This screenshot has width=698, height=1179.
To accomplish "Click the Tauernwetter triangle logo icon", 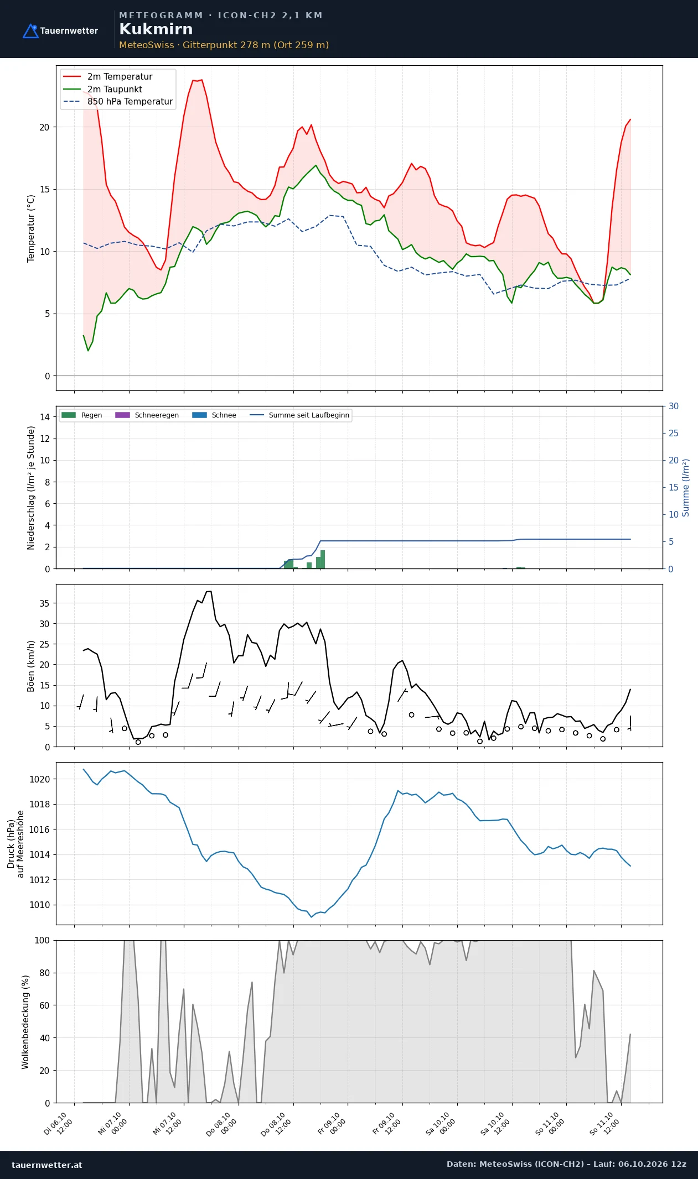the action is [30, 31].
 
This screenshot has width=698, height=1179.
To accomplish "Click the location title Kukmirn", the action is [156, 29].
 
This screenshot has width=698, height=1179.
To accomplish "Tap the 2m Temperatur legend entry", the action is [108, 77].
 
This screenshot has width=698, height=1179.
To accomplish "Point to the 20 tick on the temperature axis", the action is [44, 127].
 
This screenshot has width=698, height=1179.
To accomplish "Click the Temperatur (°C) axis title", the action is [31, 228].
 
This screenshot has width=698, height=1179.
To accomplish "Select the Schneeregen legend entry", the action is [147, 415].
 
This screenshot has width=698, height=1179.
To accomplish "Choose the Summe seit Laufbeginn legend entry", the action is [300, 415].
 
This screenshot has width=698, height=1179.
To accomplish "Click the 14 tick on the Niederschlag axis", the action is [44, 417].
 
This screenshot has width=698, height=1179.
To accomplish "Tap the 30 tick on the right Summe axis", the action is [674, 406].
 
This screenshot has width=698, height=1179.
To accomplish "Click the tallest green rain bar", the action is [323, 559].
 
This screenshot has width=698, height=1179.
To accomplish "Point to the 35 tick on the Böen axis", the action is [44, 603].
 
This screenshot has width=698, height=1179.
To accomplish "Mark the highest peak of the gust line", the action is [209, 591].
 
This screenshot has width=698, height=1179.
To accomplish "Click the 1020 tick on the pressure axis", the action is [39, 779].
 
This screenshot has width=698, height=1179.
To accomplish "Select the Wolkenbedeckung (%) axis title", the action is [25, 1022].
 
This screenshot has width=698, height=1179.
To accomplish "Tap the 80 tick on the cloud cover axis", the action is [44, 973].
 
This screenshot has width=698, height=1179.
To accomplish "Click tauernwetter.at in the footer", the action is [46, 1165].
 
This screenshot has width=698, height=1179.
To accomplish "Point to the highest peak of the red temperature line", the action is [201, 80].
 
